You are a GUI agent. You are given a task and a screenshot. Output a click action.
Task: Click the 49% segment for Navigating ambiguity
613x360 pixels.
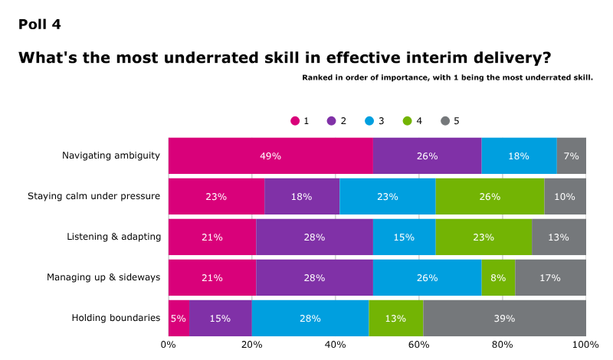coord(270,155)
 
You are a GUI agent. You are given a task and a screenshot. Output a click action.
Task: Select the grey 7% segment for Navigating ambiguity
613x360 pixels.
coord(571,155)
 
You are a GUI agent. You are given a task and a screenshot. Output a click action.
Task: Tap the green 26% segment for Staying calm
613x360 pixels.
coord(490,196)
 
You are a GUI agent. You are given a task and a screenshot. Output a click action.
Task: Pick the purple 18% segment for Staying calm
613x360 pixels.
coord(302,196)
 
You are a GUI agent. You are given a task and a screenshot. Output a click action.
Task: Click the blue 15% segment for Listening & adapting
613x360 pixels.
coord(405,237)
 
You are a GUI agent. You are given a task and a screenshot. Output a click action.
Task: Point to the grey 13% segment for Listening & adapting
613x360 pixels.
coord(559,237)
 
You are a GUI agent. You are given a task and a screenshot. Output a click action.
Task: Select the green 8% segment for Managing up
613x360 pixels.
coord(498,277)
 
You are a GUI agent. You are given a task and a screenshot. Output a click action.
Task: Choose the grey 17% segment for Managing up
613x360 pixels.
coord(550,277)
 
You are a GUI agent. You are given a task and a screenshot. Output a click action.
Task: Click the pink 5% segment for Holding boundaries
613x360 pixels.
coord(179,318)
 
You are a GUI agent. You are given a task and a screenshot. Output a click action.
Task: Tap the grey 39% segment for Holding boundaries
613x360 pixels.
coord(504,318)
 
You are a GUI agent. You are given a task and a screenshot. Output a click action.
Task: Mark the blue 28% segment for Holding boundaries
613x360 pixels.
coord(310,318)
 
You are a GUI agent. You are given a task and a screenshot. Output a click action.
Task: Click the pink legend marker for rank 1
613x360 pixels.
coord(295,121)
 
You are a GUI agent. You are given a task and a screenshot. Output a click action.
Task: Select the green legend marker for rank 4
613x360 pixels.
coord(408,121)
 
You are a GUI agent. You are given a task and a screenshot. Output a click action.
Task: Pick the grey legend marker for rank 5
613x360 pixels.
coord(445,121)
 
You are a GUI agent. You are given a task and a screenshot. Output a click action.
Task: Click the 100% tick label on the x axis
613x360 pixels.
coord(585,345)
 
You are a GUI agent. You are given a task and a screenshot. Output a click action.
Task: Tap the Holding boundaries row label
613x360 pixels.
coord(116,318)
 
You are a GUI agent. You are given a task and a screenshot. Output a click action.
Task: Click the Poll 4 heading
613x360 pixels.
coord(39,24)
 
